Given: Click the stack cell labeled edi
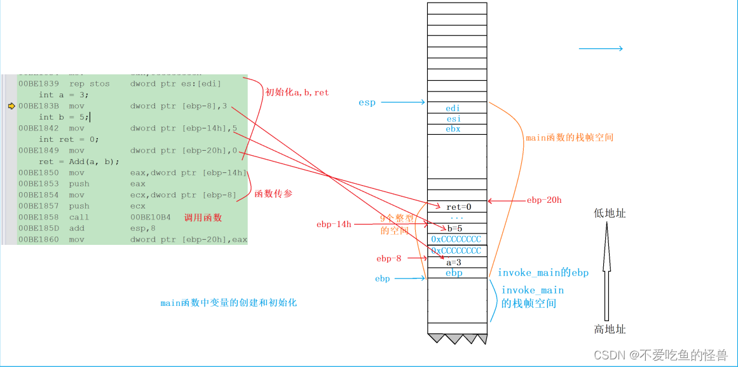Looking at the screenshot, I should tap(453, 108).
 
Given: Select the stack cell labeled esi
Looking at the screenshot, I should tap(453, 118).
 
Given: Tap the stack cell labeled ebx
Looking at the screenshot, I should tap(453, 128).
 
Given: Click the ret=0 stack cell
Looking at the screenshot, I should tap(457, 207).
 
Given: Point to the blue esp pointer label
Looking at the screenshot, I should tap(367, 102).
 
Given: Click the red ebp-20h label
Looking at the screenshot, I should tap(543, 200).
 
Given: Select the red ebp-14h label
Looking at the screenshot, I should tap(333, 225).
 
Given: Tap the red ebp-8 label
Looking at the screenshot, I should tap(389, 258).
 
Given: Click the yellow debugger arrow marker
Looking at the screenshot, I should tap(11, 106).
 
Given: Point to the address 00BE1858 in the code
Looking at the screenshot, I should tap(38, 218).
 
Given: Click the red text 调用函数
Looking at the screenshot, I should tap(203, 218).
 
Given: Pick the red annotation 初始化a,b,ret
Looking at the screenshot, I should tap(297, 92).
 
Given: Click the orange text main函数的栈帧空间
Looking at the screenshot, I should tap(569, 137).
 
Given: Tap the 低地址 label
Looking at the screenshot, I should tap(610, 214).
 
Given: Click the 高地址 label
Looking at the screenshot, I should tap(610, 329).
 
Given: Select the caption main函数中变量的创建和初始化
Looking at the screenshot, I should tap(228, 303).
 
